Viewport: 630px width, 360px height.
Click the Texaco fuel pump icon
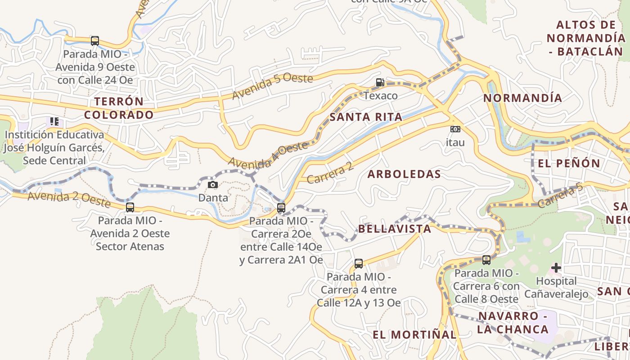click(380, 82)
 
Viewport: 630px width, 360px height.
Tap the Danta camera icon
click(213, 184)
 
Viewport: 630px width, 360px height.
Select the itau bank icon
click(455, 130)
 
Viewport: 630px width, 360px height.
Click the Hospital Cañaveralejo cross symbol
click(556, 268)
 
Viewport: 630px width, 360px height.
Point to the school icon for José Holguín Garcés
click(54, 121)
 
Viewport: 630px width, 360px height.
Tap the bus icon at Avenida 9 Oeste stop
click(94, 41)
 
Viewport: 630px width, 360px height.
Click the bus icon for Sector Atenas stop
click(130, 207)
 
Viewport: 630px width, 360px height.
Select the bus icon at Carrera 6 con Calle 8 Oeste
click(486, 260)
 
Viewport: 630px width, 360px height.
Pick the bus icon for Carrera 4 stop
click(359, 264)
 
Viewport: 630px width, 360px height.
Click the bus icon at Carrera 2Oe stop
click(281, 208)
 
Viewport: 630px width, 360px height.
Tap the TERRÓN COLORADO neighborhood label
click(119, 108)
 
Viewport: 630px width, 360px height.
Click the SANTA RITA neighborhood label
click(366, 117)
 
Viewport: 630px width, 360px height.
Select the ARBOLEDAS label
click(404, 174)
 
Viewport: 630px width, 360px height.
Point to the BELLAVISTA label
click(394, 229)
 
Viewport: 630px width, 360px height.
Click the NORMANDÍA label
click(522, 98)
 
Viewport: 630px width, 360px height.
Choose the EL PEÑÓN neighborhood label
click(569, 163)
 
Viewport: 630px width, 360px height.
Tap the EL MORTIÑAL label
click(414, 334)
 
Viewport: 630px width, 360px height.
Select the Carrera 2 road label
click(330, 173)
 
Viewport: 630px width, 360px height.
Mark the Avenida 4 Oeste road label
click(268, 155)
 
